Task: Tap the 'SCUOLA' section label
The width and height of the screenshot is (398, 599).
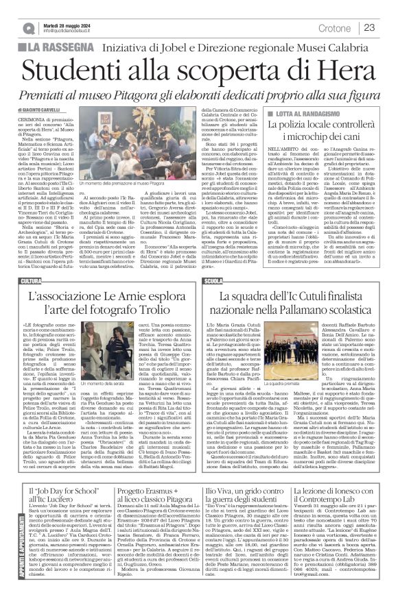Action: pyautogui.click(x=214, y=281)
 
